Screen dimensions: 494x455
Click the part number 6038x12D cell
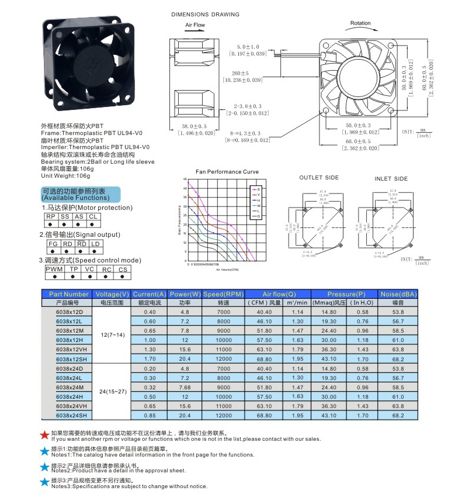click(x=69, y=312)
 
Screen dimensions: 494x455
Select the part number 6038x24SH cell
click(x=71, y=415)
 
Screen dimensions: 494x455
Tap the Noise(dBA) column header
click(x=398, y=293)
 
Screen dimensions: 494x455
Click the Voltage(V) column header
click(x=112, y=293)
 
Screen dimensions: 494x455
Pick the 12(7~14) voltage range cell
click(x=112, y=334)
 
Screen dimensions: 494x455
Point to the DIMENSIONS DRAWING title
click(x=204, y=14)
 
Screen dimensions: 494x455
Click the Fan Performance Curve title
click(x=227, y=172)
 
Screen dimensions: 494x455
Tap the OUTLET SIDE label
click(x=319, y=177)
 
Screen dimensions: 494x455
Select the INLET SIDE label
click(x=391, y=178)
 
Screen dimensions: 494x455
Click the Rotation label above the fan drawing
click(x=360, y=23)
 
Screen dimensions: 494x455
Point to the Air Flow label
click(x=195, y=25)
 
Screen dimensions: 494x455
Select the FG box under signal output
click(x=53, y=243)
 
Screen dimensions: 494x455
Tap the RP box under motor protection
click(x=51, y=216)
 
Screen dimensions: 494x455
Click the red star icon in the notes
click(x=44, y=435)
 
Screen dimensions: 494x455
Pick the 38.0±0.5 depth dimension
click(x=194, y=126)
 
